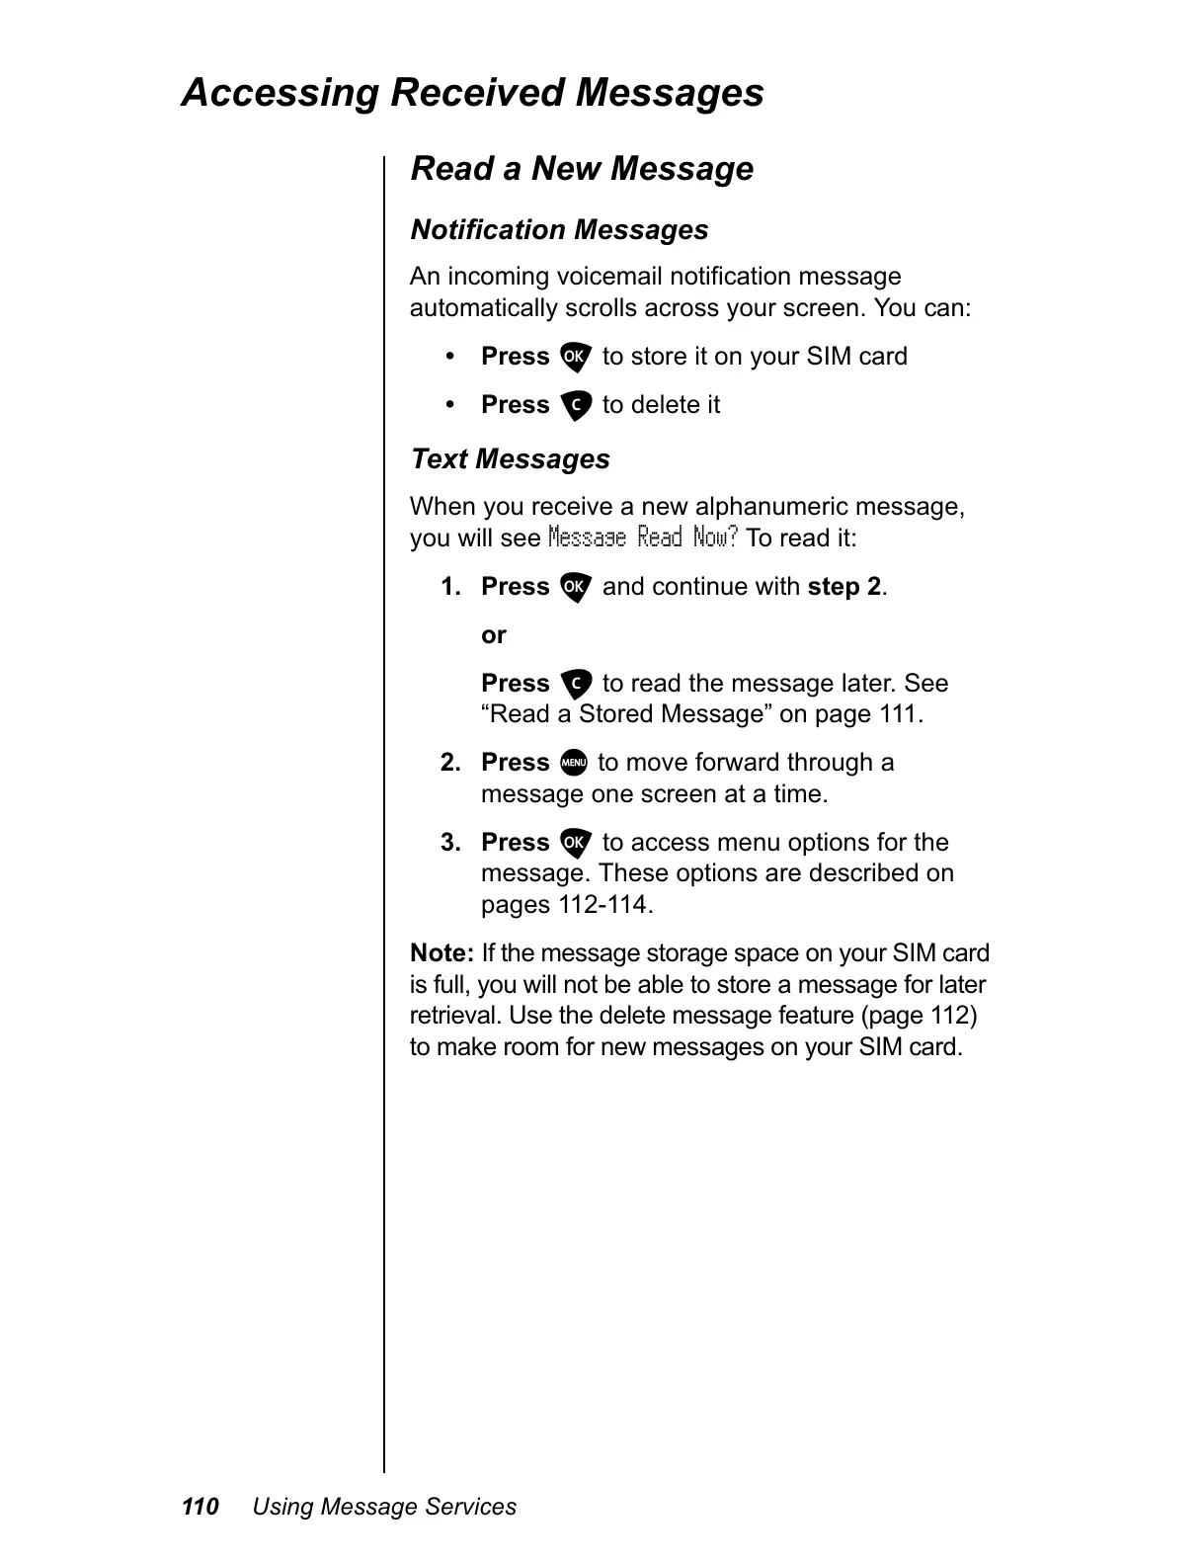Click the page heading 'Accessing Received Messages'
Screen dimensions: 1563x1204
coord(472,93)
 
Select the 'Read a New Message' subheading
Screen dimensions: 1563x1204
coord(582,169)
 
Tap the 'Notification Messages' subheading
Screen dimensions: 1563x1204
coord(559,230)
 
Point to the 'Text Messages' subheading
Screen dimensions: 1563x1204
coord(510,459)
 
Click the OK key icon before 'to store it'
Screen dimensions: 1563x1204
coord(575,358)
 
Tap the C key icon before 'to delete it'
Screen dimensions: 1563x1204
coord(575,406)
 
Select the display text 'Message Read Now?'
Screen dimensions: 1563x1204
coord(643,538)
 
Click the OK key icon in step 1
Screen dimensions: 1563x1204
coord(575,588)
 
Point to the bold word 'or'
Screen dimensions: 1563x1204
coord(494,635)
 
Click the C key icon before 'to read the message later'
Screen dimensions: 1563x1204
coord(575,685)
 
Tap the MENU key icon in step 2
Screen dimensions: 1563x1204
coord(573,764)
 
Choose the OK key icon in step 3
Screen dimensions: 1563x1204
coord(575,844)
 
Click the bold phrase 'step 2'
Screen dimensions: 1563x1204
coord(844,587)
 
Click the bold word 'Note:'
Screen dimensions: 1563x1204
coord(442,953)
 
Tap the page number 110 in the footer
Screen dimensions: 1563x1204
coord(200,1507)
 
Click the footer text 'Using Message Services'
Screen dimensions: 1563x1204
coord(384,1507)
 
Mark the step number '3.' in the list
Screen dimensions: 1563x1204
coord(450,843)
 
